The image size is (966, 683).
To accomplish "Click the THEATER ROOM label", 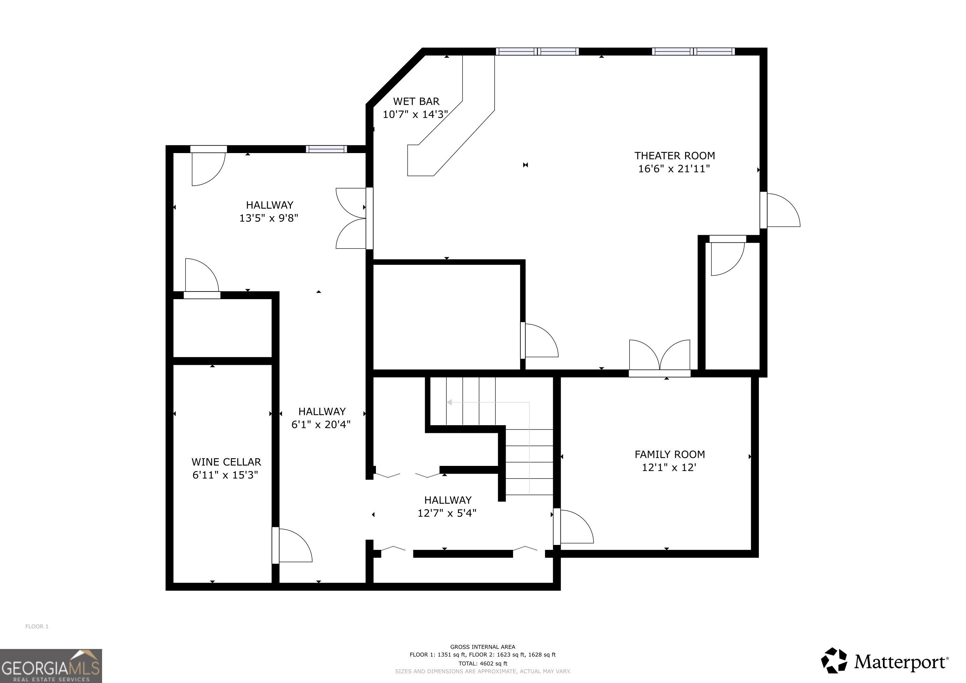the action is (674, 156).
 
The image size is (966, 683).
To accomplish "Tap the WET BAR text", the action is (416, 101).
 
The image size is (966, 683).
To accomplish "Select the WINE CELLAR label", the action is (226, 462).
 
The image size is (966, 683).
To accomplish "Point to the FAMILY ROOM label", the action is (669, 454).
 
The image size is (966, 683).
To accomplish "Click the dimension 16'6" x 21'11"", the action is (674, 169).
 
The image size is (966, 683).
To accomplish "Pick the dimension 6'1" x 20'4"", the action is (321, 424).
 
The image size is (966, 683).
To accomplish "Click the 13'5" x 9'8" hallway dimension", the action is (269, 218).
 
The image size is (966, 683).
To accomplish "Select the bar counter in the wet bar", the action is (451, 116).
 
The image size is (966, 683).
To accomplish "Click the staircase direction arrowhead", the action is (449, 403).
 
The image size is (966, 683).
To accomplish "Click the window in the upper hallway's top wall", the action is (327, 149).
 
